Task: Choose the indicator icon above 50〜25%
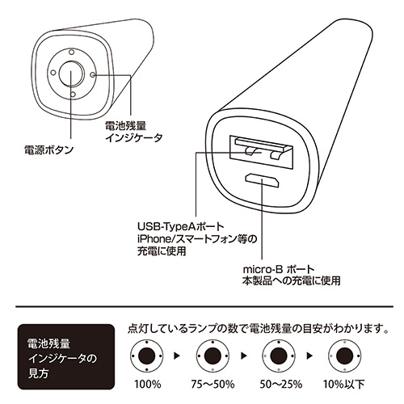click(276, 357)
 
